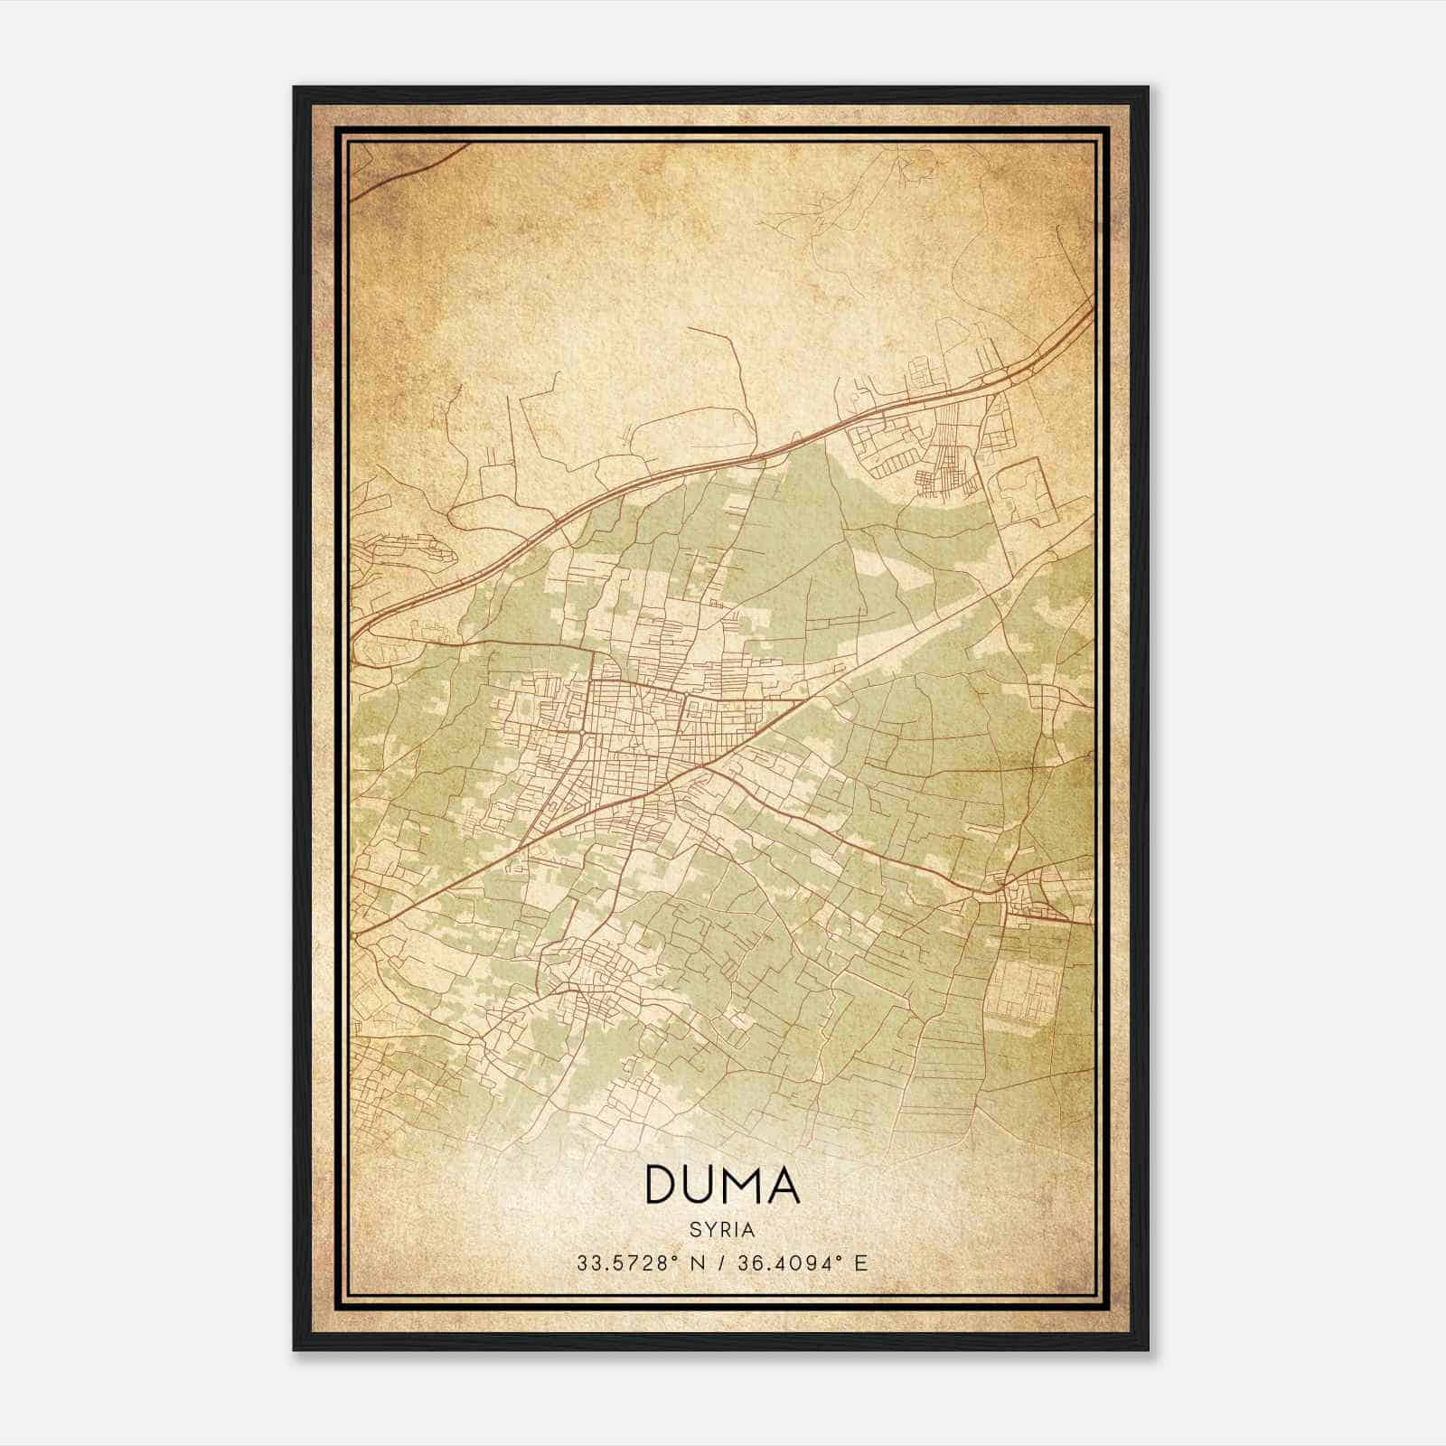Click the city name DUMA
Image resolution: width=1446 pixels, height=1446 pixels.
pyautogui.click(x=722, y=1185)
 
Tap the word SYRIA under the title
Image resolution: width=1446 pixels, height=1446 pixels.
pyautogui.click(x=722, y=1230)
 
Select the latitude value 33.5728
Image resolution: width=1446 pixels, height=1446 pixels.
pyautogui.click(x=619, y=1263)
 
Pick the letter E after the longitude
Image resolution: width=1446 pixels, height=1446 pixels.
pyautogui.click(x=860, y=1263)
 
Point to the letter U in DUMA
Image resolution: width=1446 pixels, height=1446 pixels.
pyautogui.click(x=702, y=1185)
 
